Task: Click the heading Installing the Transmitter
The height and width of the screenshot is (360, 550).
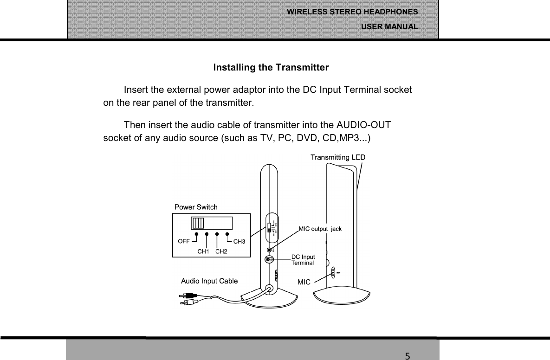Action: coord(271,68)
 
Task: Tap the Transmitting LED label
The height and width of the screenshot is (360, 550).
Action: coord(337,157)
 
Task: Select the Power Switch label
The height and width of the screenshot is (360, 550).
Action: coord(195,207)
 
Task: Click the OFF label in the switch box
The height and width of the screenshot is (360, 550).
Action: coord(183,241)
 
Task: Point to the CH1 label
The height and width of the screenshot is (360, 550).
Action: coord(203,251)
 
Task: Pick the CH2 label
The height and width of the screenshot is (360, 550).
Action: coord(222,251)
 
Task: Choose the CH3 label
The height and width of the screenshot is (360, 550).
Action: coord(239,241)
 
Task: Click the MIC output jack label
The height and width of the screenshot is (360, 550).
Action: coord(320,229)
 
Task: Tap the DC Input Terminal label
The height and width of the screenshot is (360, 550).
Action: coord(303,259)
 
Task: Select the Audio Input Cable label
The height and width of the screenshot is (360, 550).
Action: coord(209,281)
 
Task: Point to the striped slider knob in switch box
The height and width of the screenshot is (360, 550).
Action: coord(198,223)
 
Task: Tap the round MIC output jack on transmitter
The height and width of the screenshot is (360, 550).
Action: coord(269,249)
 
